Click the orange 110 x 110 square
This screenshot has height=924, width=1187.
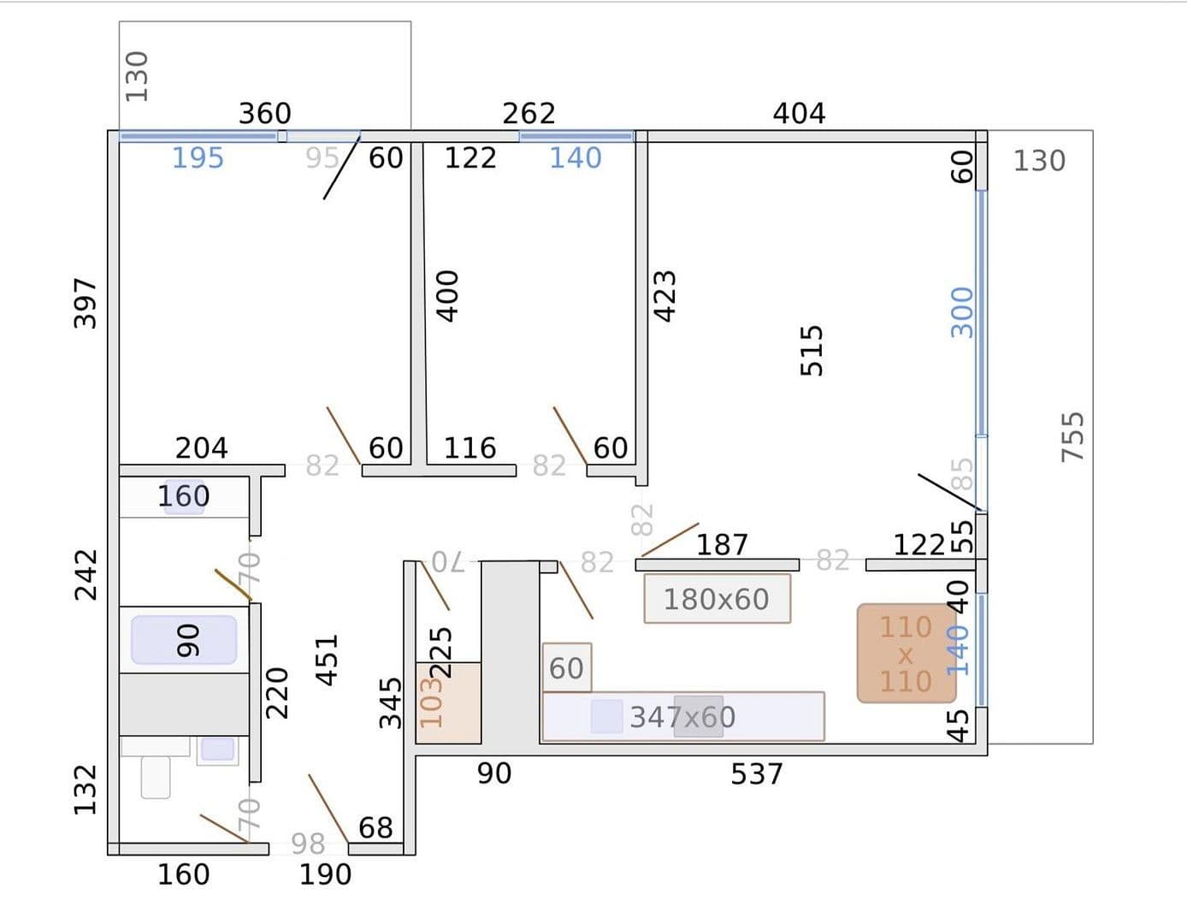[x=906, y=654]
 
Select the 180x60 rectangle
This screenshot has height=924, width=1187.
[x=717, y=599]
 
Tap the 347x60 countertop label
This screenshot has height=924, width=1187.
[x=682, y=717]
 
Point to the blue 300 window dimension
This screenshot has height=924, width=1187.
[x=962, y=312]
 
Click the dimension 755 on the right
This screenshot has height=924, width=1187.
[x=1072, y=436]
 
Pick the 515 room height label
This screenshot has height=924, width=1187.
[x=812, y=350]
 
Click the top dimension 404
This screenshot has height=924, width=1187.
[x=799, y=113]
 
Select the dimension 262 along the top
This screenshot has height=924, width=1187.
[x=529, y=113]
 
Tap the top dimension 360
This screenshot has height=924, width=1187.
[x=264, y=113]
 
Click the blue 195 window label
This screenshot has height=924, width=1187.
[x=198, y=158]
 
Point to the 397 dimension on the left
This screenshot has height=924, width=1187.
[x=86, y=302]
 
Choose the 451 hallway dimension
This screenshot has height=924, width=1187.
[x=328, y=659]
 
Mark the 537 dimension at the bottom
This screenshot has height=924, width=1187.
[x=757, y=774]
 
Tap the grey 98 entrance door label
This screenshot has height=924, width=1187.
[x=308, y=844]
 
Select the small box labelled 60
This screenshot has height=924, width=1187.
[x=566, y=667]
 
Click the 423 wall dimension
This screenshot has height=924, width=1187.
[x=664, y=296]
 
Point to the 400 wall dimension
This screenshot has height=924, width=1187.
[x=447, y=296]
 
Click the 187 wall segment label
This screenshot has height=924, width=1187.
[x=722, y=545]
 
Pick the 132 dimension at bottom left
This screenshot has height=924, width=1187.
[x=86, y=789]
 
